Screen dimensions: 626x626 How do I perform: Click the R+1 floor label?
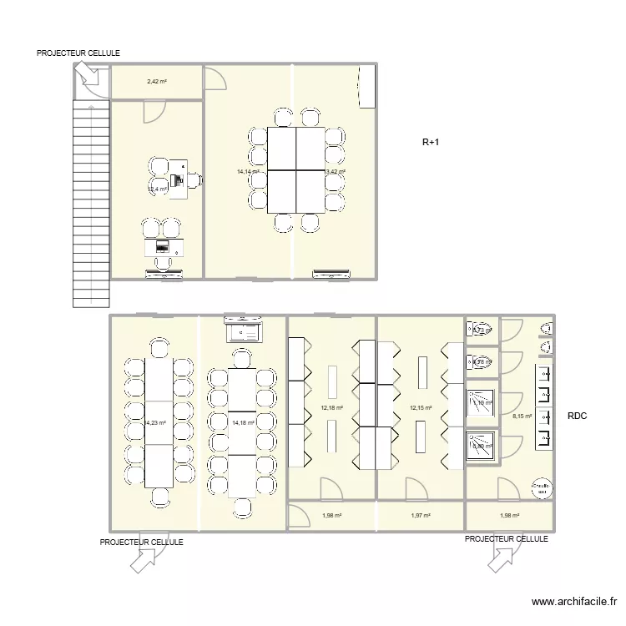430,143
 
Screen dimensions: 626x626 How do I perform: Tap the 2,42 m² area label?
157,82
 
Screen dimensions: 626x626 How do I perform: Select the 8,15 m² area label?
523,416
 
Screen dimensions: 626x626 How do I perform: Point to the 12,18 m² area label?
331,408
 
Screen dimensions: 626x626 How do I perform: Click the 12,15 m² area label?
420,408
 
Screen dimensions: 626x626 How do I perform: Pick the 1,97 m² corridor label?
420,516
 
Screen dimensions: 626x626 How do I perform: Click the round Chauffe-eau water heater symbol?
542,487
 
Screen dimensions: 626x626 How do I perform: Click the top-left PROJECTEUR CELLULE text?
78,53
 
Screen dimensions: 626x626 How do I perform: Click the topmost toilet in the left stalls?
481,329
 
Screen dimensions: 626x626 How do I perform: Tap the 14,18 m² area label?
242,423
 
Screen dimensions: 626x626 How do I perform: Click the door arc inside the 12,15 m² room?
413,487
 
